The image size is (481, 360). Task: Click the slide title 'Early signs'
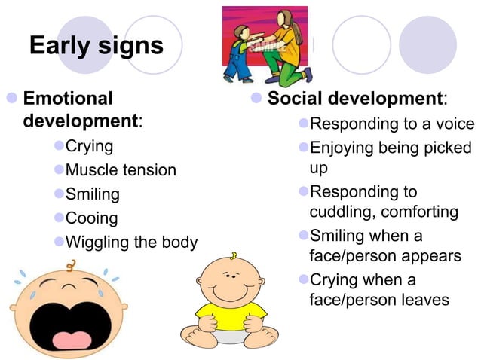point(96,45)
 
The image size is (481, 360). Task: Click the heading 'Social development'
point(355,99)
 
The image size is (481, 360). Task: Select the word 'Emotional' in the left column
point(69,99)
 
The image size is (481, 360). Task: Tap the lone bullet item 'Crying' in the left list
point(90,145)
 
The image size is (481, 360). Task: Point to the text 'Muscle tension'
point(121,170)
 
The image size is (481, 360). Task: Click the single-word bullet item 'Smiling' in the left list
point(93,194)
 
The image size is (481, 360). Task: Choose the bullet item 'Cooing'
point(92,218)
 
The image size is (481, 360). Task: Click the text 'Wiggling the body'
point(132,243)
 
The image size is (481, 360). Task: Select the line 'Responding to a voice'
point(392,124)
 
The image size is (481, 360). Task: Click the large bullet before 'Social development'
point(256,99)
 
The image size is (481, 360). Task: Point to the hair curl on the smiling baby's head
point(235,254)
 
